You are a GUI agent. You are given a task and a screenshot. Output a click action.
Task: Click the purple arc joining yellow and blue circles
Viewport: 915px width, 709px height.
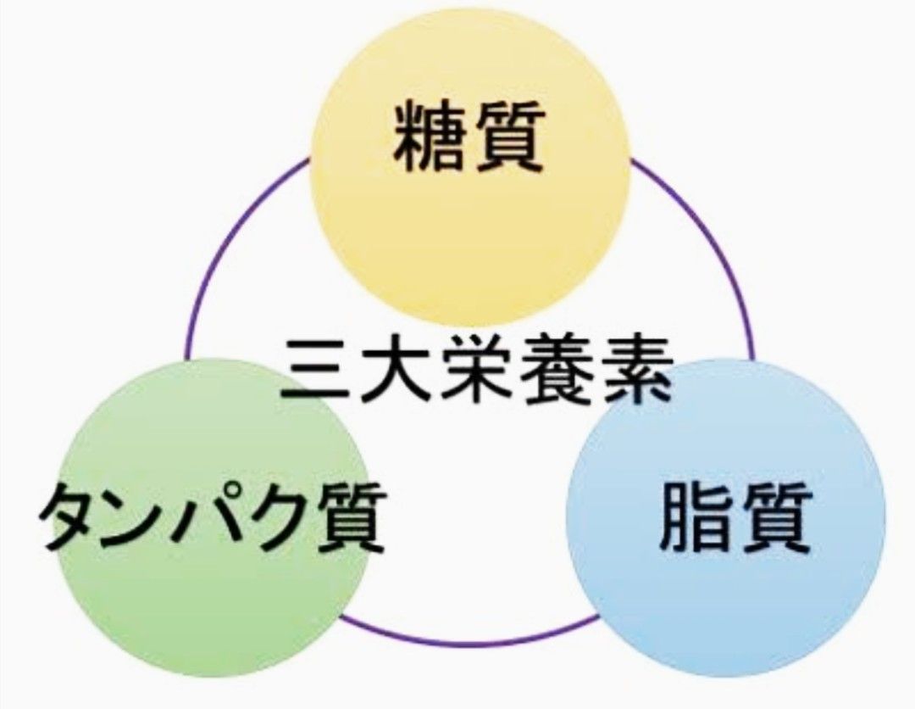[712, 246]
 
